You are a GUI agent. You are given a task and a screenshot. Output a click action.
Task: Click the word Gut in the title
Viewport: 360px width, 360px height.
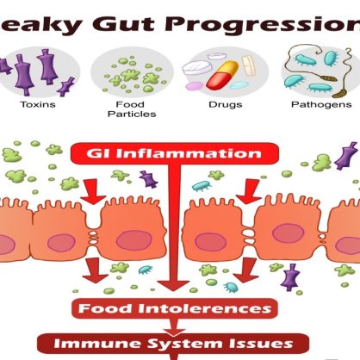[x=123, y=24]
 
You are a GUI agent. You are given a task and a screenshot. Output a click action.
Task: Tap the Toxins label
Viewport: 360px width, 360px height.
[x=38, y=104]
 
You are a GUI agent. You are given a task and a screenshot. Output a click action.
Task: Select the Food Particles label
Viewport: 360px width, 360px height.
[x=132, y=109]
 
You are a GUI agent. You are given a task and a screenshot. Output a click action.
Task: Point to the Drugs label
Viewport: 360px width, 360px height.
[x=226, y=104]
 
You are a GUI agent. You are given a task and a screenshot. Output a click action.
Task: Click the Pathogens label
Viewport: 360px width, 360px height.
[x=321, y=104]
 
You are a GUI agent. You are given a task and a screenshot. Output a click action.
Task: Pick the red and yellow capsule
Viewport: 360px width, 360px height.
[x=223, y=74]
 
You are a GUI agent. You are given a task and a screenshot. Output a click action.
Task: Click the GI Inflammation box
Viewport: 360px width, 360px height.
[x=174, y=153]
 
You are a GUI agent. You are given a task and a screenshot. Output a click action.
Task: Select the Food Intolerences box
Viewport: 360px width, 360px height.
[x=175, y=308]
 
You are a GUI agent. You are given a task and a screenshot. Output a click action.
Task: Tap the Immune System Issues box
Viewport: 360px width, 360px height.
[x=173, y=344]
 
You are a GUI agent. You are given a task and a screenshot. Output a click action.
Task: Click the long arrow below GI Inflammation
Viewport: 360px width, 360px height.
[x=174, y=227]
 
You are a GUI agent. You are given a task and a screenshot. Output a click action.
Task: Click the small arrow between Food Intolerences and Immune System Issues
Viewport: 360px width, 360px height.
[x=174, y=326]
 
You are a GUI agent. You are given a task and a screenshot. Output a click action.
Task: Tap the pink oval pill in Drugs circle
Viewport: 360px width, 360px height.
[x=194, y=85]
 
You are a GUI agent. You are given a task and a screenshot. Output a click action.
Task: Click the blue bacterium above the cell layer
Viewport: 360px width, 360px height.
[x=202, y=186]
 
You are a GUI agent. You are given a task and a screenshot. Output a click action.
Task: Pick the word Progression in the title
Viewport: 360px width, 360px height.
[x=262, y=25]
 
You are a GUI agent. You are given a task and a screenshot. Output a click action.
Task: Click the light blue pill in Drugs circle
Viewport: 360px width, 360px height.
[x=239, y=85]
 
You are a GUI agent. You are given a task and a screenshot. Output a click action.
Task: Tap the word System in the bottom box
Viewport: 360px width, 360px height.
[x=188, y=344]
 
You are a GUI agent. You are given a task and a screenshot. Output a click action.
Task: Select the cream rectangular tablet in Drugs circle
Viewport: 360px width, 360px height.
[x=249, y=65]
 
